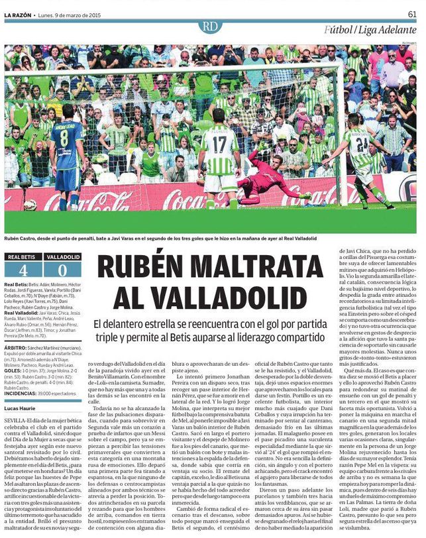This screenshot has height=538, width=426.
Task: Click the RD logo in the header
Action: tap(210, 26)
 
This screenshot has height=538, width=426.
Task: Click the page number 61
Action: tap(411, 13)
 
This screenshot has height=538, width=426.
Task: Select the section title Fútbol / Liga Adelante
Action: tap(370, 29)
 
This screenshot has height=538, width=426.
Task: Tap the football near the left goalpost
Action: tap(30, 205)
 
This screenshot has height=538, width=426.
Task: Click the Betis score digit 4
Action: tap(23, 270)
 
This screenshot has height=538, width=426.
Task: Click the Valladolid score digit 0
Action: tap(62, 270)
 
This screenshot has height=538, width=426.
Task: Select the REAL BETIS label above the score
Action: tap(22, 256)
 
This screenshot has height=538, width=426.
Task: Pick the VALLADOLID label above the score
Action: tap(63, 256)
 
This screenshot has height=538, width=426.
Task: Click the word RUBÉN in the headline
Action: tap(138, 268)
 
